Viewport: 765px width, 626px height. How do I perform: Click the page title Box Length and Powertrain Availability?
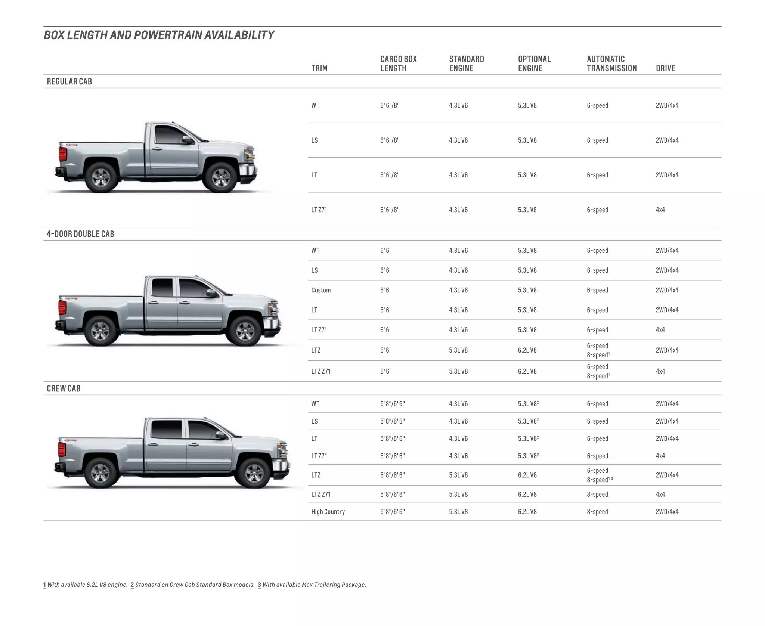[159, 35]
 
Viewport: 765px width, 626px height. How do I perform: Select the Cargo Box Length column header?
[398, 63]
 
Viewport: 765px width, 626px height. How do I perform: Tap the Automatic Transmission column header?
[611, 63]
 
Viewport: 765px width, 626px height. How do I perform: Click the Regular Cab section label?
[69, 81]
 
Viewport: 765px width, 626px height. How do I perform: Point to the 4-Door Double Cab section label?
[80, 234]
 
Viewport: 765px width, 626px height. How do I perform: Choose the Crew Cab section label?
[64, 388]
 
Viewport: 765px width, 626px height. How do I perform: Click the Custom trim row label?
[321, 290]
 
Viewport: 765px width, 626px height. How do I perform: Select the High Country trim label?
[328, 512]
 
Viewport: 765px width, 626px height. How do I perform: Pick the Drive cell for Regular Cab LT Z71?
[660, 210]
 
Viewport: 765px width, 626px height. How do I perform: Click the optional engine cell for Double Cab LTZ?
[527, 350]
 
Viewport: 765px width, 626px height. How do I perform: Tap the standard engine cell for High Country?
[458, 512]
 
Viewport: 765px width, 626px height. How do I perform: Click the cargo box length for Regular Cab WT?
[389, 106]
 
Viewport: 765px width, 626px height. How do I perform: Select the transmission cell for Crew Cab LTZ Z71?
[597, 495]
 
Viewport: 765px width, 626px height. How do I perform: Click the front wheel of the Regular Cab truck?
[221, 178]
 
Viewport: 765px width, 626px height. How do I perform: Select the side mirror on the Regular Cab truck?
[187, 140]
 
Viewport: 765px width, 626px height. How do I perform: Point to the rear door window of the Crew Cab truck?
[166, 430]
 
